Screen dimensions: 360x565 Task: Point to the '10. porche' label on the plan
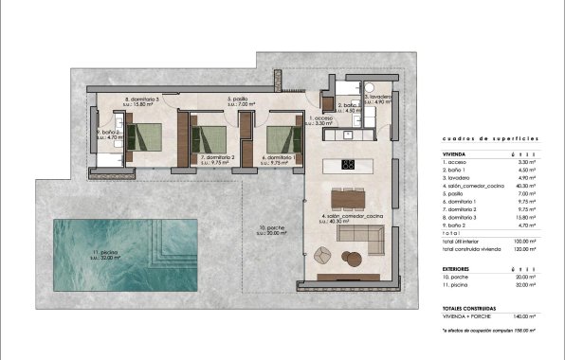point(276,230)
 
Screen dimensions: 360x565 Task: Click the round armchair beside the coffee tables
point(321,254)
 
